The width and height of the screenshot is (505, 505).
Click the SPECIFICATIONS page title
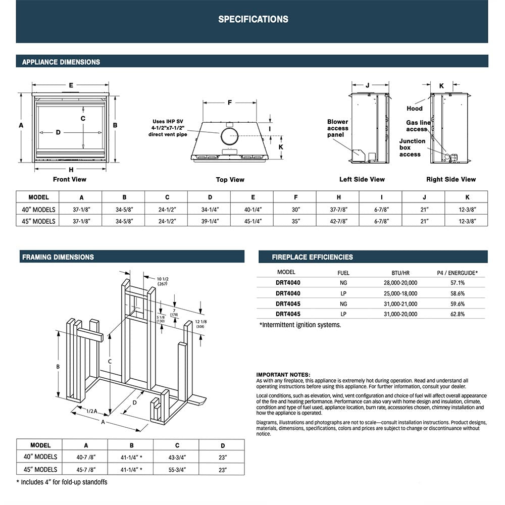253,19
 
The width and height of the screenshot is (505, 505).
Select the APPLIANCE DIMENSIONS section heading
61,62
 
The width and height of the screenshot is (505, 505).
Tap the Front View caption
70,179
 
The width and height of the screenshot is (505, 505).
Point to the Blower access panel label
337,128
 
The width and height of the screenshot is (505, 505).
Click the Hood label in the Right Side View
415,109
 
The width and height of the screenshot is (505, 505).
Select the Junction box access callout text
412,147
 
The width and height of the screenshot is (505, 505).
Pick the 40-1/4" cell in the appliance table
252,210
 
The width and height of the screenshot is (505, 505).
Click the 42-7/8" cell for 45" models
338,221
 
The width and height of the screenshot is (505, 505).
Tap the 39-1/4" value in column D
210,221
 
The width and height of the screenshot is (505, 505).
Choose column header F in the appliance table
295,197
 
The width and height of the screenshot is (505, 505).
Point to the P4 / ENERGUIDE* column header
457,272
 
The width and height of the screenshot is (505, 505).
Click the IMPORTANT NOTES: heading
283,374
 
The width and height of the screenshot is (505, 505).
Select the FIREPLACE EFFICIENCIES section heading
312,257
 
